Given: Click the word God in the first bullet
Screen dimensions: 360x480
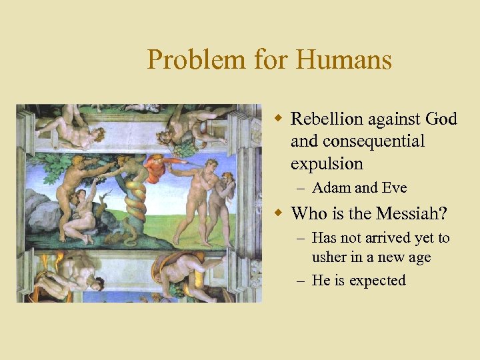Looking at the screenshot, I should coord(441,119).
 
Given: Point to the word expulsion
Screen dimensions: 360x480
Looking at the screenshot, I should coord(327,164).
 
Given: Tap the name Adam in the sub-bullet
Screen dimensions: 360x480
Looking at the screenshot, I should coord(330,189).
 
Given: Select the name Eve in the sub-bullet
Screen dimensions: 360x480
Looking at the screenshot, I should coord(391,189).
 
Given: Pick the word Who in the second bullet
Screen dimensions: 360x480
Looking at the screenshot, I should coord(309,214).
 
